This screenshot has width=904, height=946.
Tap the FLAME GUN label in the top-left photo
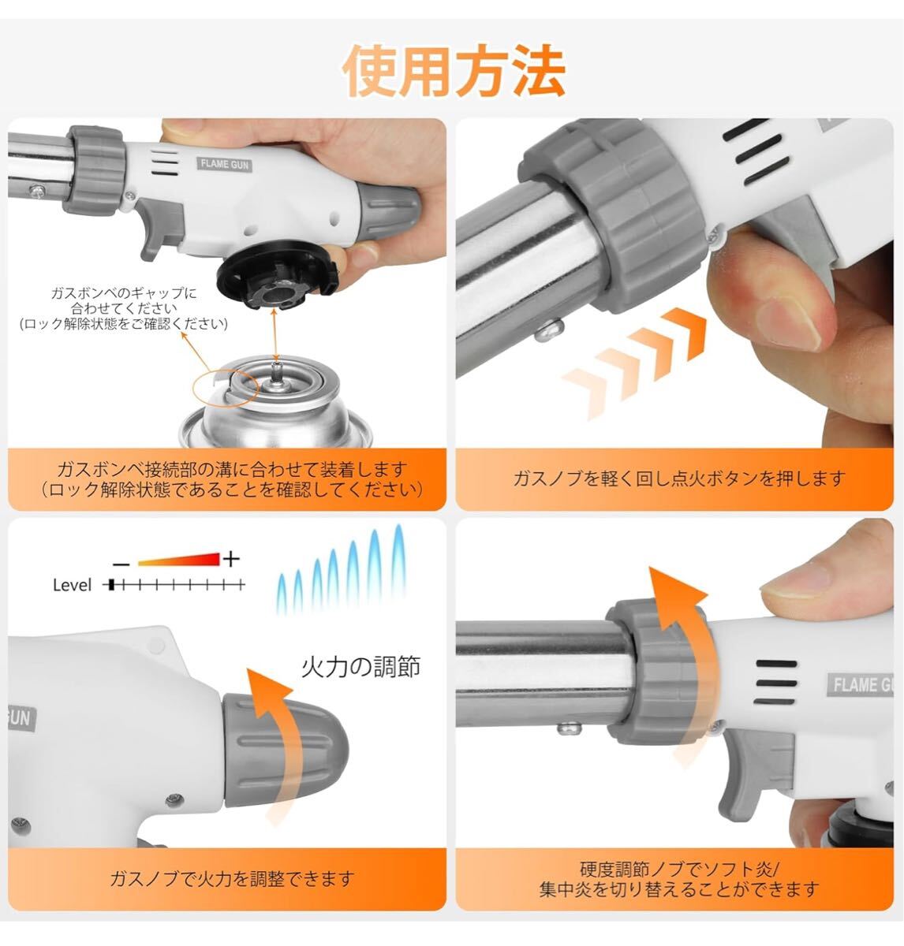pos(224,164)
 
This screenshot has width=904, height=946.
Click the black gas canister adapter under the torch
pos(277,276)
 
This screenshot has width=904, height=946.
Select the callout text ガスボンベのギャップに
pos(124,293)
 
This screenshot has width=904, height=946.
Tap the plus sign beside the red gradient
pos(231,559)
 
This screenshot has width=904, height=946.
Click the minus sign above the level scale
pos(121,564)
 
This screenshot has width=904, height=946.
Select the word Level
pos(72,585)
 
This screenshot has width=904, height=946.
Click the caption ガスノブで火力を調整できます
pos(231,879)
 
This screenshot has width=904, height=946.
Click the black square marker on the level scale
pos(111,585)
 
